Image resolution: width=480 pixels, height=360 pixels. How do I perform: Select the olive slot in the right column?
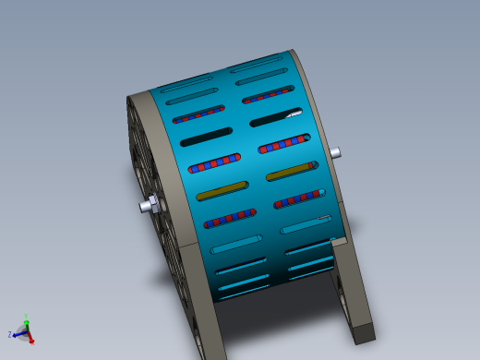point(291,172)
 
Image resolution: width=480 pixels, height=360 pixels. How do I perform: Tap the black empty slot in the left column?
point(205,138)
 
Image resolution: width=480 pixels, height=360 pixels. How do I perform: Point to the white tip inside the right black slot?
point(294,114)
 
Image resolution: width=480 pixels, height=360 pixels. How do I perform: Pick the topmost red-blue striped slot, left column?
point(198,114)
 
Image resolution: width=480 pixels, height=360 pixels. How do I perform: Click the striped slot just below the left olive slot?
point(230,218)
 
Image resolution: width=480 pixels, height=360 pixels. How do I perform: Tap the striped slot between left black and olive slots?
point(214,164)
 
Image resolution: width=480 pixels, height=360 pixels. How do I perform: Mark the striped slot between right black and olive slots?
point(283,144)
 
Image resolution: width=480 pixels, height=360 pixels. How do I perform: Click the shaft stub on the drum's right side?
point(335,152)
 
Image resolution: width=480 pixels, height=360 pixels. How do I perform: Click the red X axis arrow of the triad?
point(30,339)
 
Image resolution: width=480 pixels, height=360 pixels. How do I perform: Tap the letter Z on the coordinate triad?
point(9,334)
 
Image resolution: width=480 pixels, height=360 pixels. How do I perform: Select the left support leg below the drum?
point(210,314)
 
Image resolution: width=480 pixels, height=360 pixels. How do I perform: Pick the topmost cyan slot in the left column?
point(187,90)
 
